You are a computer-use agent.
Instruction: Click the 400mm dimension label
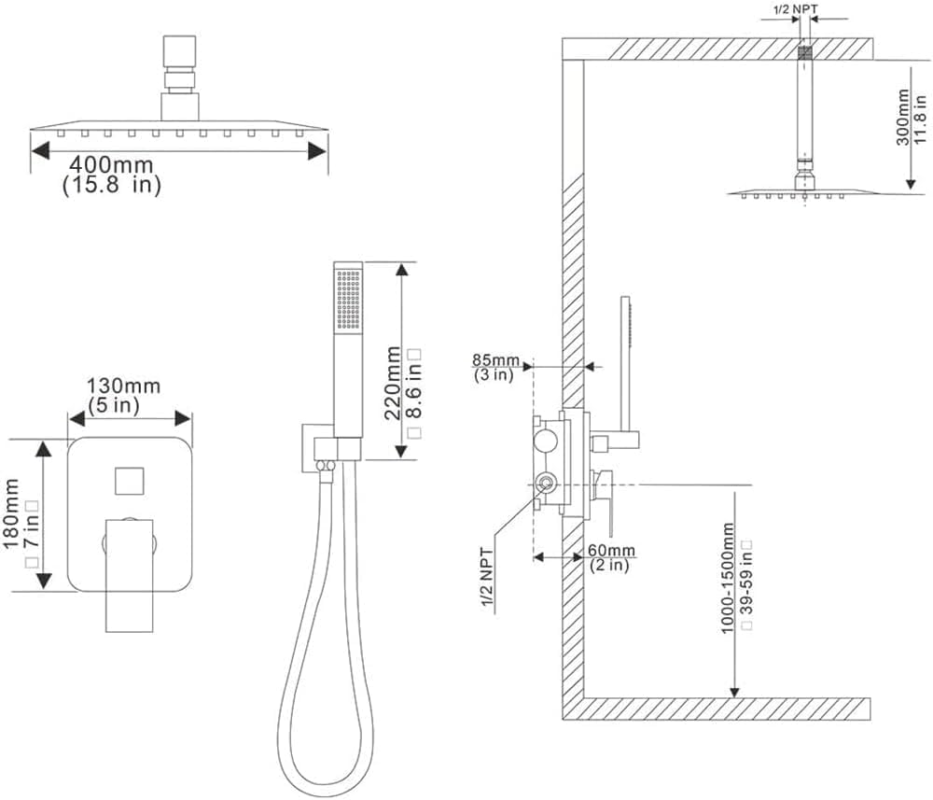tap(109, 165)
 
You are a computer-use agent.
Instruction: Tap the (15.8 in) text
tap(112, 185)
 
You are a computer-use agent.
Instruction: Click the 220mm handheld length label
tap(393, 382)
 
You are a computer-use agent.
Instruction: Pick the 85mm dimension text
tap(494, 359)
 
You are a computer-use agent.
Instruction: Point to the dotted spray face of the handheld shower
tap(348, 300)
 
